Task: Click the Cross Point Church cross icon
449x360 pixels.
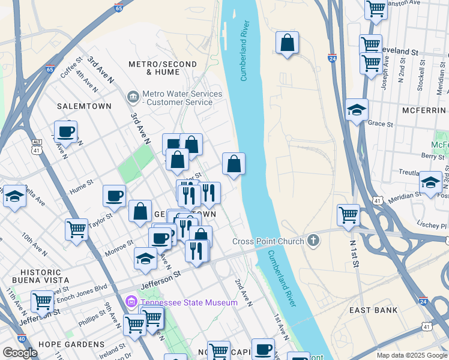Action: click(313, 241)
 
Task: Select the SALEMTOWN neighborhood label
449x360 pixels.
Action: click(84, 106)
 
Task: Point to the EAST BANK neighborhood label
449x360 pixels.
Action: click(373, 310)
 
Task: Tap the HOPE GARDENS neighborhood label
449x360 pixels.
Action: click(71, 344)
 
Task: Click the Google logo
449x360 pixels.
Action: click(20, 353)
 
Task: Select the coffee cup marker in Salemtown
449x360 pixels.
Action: click(65, 132)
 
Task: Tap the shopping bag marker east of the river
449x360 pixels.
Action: click(288, 43)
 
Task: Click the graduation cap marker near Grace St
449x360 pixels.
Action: click(357, 110)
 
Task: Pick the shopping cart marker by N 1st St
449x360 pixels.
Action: click(348, 215)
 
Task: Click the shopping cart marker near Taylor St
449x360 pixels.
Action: click(77, 229)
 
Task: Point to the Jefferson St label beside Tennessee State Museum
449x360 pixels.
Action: click(161, 277)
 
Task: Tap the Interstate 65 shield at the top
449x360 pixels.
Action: click(118, 8)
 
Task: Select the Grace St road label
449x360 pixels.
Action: click(381, 124)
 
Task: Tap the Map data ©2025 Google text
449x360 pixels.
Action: click(411, 355)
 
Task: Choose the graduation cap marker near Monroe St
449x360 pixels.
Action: click(145, 258)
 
